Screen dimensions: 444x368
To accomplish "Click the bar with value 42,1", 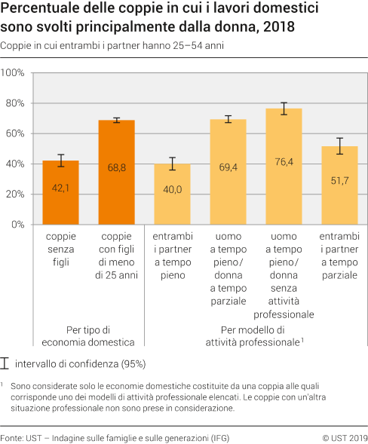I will click(61, 192).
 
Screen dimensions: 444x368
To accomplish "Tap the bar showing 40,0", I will click(173, 194).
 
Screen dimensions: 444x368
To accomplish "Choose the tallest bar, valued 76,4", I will click(284, 166).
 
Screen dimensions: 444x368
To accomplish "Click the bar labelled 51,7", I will click(339, 185).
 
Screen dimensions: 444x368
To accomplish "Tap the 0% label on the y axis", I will click(18, 225).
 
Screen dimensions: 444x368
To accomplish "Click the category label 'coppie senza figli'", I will click(61, 249).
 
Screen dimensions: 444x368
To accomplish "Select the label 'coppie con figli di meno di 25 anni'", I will click(116, 256).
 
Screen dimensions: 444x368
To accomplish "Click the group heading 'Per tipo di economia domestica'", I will click(89, 335).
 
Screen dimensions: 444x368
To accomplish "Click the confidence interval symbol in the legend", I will click(6, 363).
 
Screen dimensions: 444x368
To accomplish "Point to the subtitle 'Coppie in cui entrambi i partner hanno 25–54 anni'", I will click(113, 46).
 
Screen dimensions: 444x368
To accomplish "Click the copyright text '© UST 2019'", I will click(344, 437).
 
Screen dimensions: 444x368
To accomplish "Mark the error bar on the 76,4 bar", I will click(284, 109).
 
